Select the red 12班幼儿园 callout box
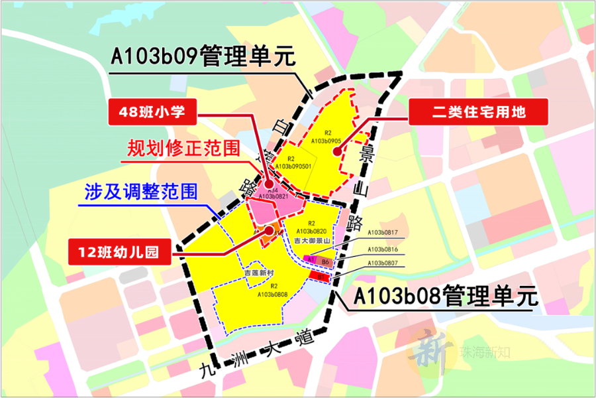[121, 252]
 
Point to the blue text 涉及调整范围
[140, 192]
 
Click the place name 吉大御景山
[311, 239]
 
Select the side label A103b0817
[383, 233]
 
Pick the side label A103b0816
[383, 249]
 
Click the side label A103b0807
[383, 264]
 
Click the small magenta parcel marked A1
[309, 260]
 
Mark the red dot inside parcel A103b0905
[337, 151]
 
